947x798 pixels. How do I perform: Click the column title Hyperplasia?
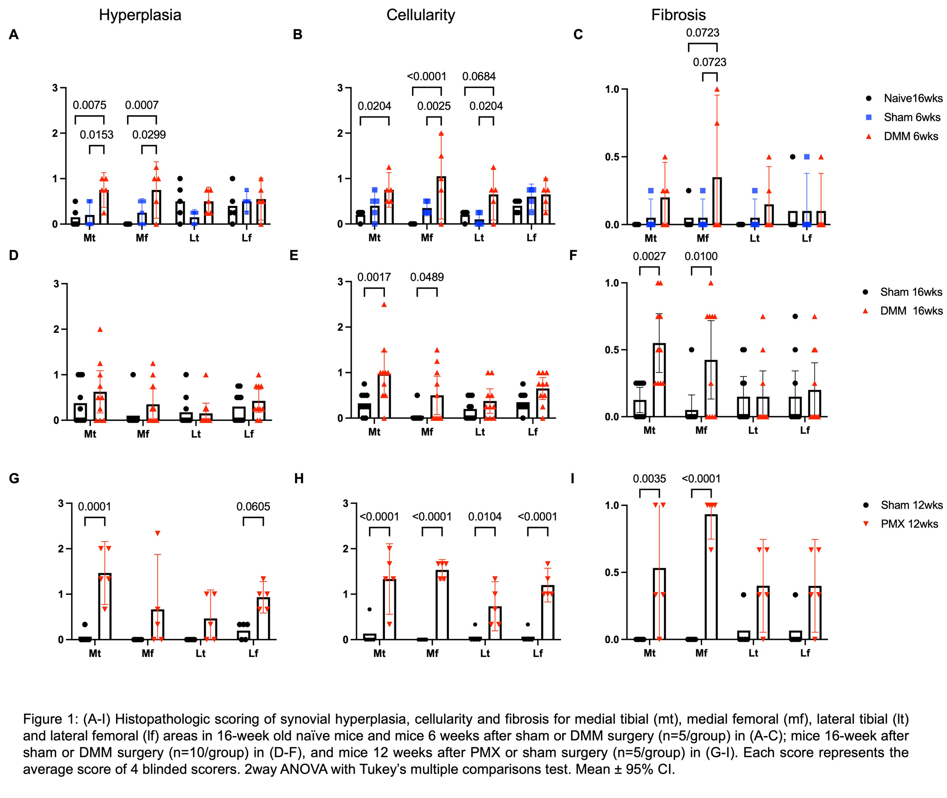click(140, 15)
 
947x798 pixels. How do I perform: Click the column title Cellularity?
click(420, 15)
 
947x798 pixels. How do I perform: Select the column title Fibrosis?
click(678, 15)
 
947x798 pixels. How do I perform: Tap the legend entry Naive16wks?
click(912, 99)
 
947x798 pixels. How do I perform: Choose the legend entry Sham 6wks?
click(911, 117)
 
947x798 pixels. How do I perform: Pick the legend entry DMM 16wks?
click(911, 311)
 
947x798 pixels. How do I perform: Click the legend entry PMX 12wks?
click(909, 524)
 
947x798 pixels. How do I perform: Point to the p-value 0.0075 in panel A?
click(89, 105)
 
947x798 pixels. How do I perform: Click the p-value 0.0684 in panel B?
click(479, 77)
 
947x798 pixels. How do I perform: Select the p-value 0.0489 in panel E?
click(427, 278)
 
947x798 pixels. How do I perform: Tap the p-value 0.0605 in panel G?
click(253, 507)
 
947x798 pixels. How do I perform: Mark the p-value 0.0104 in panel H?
click(485, 517)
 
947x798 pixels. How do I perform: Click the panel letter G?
click(14, 478)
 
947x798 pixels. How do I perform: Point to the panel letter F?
click(573, 256)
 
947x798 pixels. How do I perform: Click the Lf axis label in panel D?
click(249, 434)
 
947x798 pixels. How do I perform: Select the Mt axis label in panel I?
click(649, 653)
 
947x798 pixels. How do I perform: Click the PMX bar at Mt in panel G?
click(105, 606)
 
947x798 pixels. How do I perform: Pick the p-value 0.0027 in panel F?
click(649, 257)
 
